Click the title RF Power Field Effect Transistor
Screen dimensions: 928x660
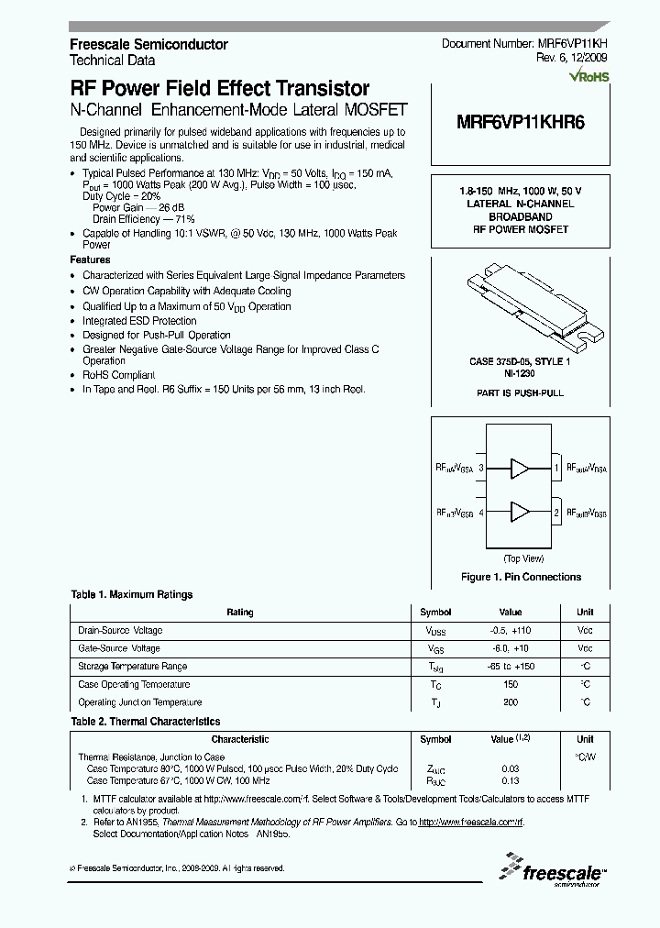[x=220, y=89]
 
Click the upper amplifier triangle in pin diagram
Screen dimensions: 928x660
[x=520, y=469]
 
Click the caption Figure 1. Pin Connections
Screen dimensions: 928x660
[x=520, y=577]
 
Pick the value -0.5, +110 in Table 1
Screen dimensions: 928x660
[x=511, y=631]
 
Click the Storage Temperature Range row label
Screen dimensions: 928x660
[x=133, y=667]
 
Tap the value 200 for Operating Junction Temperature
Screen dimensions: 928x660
[x=511, y=702]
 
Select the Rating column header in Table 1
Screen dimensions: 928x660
[x=240, y=613]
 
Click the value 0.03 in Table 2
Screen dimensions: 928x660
[x=511, y=768]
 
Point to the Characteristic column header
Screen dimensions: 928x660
[x=240, y=739]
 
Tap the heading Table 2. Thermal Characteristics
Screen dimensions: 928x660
[x=146, y=722]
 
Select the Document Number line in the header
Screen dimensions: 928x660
[x=531, y=44]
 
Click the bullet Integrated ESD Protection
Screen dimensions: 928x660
[x=139, y=321]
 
